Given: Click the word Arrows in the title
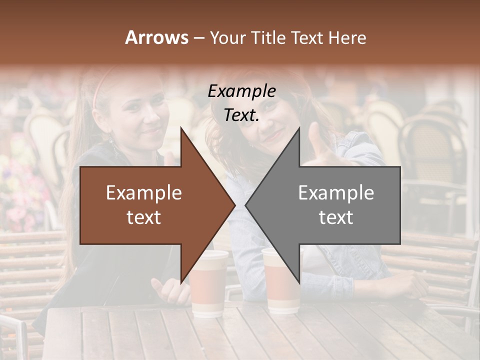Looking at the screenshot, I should click(157, 37).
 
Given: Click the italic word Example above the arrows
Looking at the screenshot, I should click(241, 91).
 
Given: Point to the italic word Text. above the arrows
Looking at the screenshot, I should click(241, 115).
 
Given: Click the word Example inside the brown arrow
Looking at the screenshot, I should click(144, 192).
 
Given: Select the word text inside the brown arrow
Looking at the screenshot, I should click(144, 217).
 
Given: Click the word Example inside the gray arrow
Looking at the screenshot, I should click(336, 192).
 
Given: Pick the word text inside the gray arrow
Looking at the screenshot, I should click(336, 217).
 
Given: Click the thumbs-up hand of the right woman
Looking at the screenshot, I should click(320, 145).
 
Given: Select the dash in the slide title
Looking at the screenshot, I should click(198, 38).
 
